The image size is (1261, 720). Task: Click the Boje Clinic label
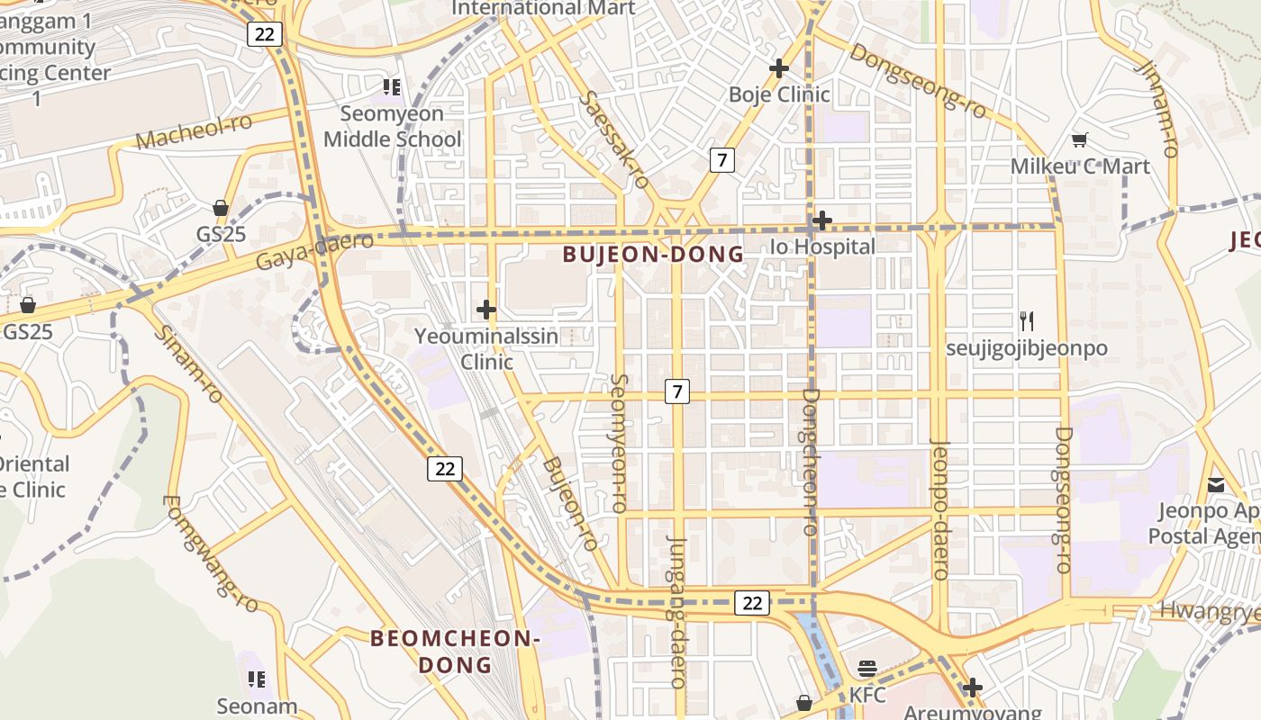click(x=779, y=94)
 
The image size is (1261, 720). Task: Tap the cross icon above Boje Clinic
click(x=779, y=67)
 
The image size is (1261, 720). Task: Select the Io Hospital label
click(x=822, y=247)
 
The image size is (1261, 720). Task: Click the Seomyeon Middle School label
click(x=392, y=127)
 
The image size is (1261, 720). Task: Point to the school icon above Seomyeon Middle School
click(x=392, y=86)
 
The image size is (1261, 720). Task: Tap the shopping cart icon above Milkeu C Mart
click(x=1080, y=139)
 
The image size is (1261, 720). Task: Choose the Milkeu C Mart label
click(x=1080, y=166)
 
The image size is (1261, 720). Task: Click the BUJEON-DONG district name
click(x=654, y=255)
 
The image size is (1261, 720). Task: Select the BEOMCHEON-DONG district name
click(x=456, y=652)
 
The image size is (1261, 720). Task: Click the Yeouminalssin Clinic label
click(x=486, y=349)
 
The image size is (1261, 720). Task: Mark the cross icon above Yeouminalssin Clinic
click(x=486, y=310)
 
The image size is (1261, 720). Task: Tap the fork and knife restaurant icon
click(x=1026, y=320)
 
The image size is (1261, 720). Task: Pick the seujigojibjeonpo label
click(x=1026, y=348)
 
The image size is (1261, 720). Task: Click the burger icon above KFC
click(x=867, y=668)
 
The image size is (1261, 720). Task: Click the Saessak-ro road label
click(x=616, y=139)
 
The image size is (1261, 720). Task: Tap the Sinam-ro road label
click(x=187, y=364)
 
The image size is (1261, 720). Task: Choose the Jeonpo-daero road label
click(x=939, y=508)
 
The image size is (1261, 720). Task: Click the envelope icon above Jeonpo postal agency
click(x=1216, y=485)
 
